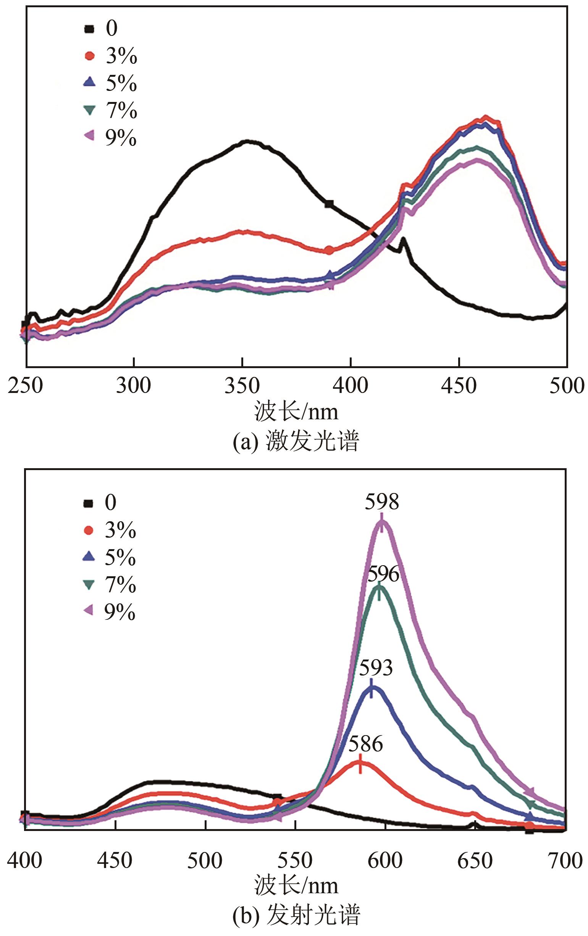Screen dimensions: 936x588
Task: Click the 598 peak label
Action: [382, 502]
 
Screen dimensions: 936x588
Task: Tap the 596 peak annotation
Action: [384, 574]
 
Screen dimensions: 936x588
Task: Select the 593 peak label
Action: [376, 668]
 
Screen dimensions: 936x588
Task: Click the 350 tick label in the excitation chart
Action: [242, 386]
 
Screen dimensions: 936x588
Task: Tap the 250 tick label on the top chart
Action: [25, 386]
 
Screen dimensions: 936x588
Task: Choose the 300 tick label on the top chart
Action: [133, 386]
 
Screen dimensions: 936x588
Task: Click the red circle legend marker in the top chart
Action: [90, 56]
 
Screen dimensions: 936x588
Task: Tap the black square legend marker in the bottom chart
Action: [89, 503]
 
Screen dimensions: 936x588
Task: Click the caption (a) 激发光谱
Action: [296, 442]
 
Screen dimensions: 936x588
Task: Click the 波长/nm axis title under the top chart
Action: [296, 412]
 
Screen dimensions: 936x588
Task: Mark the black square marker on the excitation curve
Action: [329, 203]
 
